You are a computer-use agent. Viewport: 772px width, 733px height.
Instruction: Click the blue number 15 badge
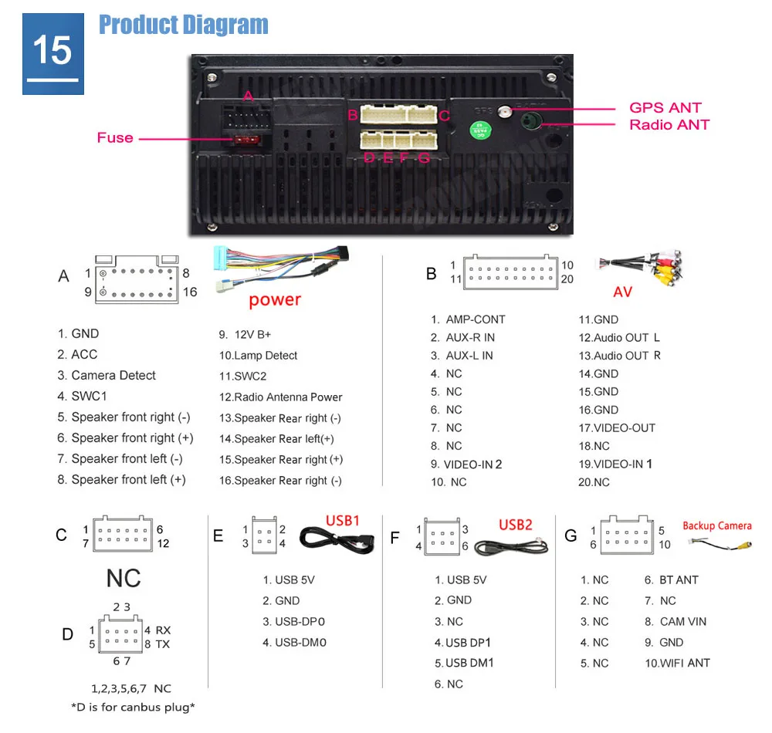pos(52,52)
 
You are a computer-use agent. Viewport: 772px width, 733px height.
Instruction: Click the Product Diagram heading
pos(184,25)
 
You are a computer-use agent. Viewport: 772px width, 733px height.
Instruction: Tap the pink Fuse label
pos(115,137)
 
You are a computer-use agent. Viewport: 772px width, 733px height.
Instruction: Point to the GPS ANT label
pos(665,108)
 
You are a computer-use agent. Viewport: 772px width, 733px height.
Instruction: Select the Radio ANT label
pos(669,125)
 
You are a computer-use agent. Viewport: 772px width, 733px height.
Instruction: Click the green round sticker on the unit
pos(482,127)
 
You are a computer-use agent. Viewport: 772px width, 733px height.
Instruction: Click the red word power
pos(275,299)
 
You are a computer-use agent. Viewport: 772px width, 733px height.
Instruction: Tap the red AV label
pos(622,292)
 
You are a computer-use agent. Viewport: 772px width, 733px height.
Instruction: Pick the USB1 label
pos(342,521)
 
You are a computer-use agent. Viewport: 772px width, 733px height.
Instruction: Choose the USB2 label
pos(516,525)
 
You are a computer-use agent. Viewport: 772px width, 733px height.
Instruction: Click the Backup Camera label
pos(716,525)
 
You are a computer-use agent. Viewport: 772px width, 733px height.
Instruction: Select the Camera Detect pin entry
pos(107,376)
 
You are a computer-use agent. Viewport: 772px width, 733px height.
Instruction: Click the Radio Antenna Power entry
pos(281,397)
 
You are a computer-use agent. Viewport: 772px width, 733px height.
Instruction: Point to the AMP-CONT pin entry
pos(468,319)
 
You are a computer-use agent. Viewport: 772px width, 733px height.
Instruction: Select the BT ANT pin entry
pos(671,580)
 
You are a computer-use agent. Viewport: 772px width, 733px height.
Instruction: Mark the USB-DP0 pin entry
pos(294,621)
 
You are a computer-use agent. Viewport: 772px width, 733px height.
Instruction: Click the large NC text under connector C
pos(124,578)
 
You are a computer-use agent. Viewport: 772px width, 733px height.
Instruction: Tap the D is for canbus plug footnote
pos(133,707)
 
